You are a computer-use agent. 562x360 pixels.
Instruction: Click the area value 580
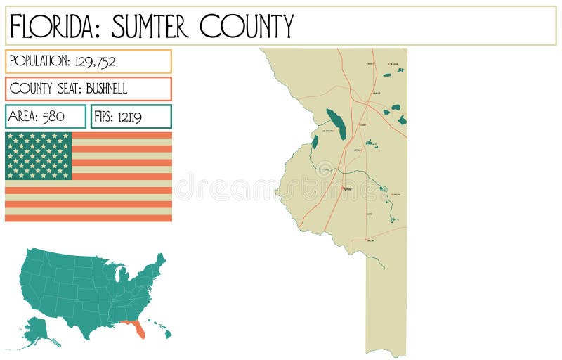coord(53,117)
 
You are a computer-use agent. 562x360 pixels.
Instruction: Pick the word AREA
coord(23,117)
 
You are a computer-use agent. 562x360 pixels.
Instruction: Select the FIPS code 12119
coord(129,117)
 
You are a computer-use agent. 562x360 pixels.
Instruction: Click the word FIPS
coord(103,117)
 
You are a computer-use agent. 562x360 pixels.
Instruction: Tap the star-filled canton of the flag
coord(39,155)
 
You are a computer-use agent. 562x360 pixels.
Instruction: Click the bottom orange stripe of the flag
coord(89,218)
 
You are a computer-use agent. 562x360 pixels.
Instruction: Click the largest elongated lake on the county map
coord(336,124)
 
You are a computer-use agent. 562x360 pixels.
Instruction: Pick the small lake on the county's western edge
coord(315,142)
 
